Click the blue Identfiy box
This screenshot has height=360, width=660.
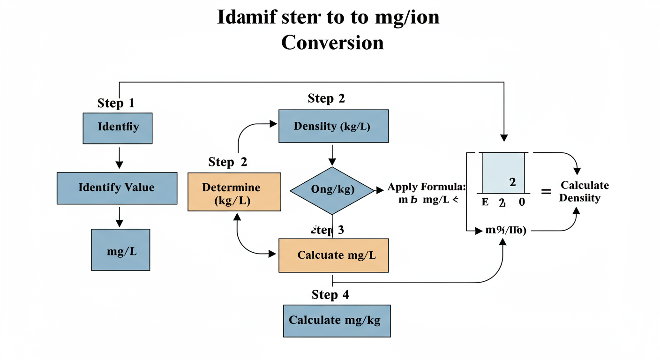(x=118, y=128)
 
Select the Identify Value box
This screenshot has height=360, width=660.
(x=117, y=188)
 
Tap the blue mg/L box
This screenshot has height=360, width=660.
(x=120, y=250)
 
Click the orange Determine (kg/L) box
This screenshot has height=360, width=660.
(x=234, y=192)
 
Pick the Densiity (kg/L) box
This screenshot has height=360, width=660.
(x=333, y=126)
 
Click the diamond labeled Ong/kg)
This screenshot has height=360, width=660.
(x=332, y=190)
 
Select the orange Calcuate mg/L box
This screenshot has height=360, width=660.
(x=333, y=255)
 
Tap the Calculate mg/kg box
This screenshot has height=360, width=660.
(x=337, y=321)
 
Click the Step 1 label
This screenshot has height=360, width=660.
(x=116, y=103)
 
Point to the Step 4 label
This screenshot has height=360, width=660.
(x=330, y=295)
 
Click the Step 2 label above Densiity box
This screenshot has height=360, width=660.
(x=327, y=98)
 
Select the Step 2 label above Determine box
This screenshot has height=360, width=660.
(x=228, y=162)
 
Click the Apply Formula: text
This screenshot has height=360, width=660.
(x=427, y=187)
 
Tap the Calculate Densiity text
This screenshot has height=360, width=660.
(x=585, y=191)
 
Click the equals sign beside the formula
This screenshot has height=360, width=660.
(x=546, y=191)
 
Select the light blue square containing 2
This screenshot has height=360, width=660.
(x=503, y=173)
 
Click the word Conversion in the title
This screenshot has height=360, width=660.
(x=332, y=43)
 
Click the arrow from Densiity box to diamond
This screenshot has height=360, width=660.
(x=332, y=155)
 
